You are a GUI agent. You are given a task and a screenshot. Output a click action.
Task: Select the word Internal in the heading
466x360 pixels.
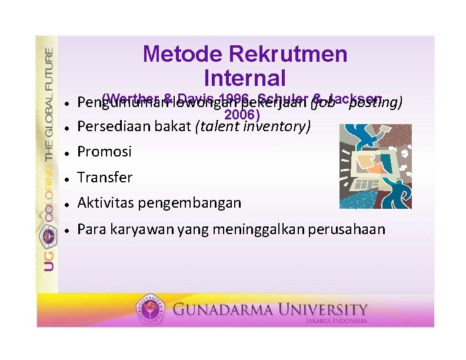pyautogui.click(x=245, y=78)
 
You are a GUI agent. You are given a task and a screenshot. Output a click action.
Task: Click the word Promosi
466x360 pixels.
pyautogui.click(x=105, y=152)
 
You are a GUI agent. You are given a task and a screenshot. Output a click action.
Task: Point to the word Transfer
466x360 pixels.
pyautogui.click(x=105, y=177)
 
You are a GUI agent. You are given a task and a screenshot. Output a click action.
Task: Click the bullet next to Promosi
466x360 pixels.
pyautogui.click(x=68, y=152)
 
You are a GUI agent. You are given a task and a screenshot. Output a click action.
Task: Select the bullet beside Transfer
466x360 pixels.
pyautogui.click(x=68, y=178)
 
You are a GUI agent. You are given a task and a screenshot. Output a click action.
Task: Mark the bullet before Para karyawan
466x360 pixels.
pyautogui.click(x=68, y=229)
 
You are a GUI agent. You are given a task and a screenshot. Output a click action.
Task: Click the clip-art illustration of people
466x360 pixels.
pyautogui.click(x=375, y=166)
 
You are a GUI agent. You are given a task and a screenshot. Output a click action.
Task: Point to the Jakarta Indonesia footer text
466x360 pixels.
pyautogui.click(x=336, y=321)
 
